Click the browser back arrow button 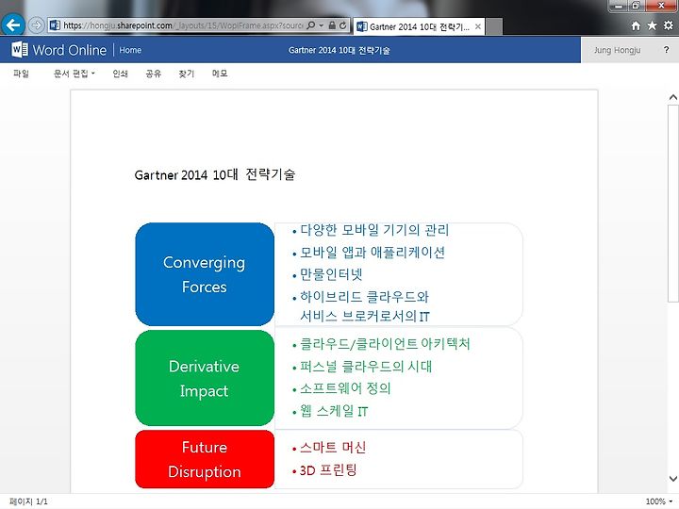(x=13, y=25)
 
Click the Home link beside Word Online (x=130, y=50)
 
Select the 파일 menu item (x=21, y=74)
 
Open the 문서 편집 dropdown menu (x=75, y=74)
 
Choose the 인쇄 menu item (x=121, y=74)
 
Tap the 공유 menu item (x=154, y=74)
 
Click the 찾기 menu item (x=187, y=74)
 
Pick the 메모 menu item (x=220, y=74)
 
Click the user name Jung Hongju (x=617, y=50)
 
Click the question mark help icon (x=666, y=50)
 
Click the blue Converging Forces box (x=205, y=274)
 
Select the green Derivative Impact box (x=205, y=378)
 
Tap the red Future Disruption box (x=205, y=459)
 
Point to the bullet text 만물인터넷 (x=331, y=274)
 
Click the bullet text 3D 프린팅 (x=328, y=470)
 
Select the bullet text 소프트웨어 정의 (x=345, y=388)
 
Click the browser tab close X (x=477, y=26)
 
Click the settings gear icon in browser (x=669, y=25)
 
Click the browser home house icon (x=636, y=26)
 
